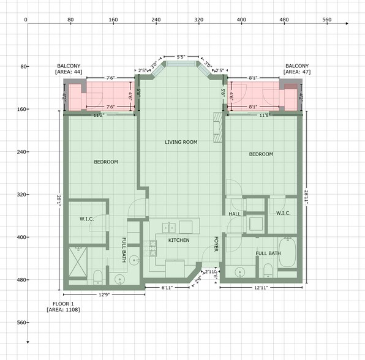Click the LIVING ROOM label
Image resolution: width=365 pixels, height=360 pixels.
point(181,142)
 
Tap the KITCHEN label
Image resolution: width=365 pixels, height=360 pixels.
point(179,240)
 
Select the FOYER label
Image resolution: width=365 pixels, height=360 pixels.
point(216,244)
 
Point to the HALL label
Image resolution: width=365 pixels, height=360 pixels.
point(235,214)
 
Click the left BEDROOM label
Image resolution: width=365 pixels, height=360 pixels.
point(106,162)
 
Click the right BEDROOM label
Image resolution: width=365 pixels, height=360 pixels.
point(261,154)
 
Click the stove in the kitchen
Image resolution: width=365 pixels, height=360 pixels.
point(152,249)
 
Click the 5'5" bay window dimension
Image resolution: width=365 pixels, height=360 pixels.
point(181,57)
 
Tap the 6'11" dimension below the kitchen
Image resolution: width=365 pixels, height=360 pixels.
point(167,287)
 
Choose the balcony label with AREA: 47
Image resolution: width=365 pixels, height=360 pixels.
point(297,69)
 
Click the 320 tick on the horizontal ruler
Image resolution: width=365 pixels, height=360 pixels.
point(198,20)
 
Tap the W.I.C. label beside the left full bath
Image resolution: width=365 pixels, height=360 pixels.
point(86,219)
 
